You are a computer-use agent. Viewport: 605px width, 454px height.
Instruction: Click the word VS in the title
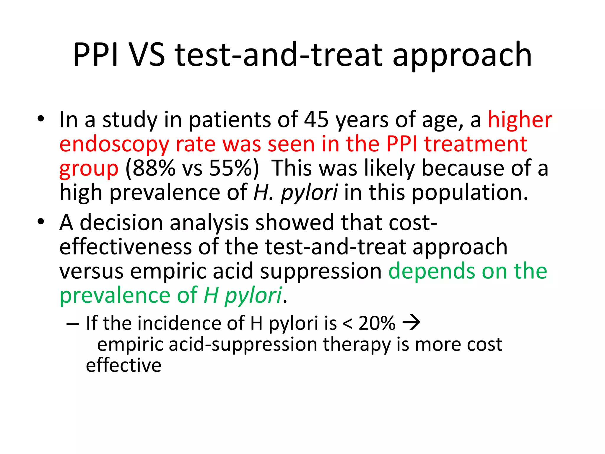147,55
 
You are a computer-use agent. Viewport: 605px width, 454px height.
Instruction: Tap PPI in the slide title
96,55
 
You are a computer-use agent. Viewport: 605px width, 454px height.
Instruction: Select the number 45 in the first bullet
316,120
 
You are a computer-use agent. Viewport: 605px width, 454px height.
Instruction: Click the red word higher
520,120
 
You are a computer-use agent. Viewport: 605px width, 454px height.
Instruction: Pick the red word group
89,168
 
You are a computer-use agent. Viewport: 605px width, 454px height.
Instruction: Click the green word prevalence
115,295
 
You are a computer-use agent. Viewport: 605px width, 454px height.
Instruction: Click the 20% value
377,323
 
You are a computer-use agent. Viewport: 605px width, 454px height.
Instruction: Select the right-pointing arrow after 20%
412,322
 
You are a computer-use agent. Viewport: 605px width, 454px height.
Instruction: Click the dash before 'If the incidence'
73,324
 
